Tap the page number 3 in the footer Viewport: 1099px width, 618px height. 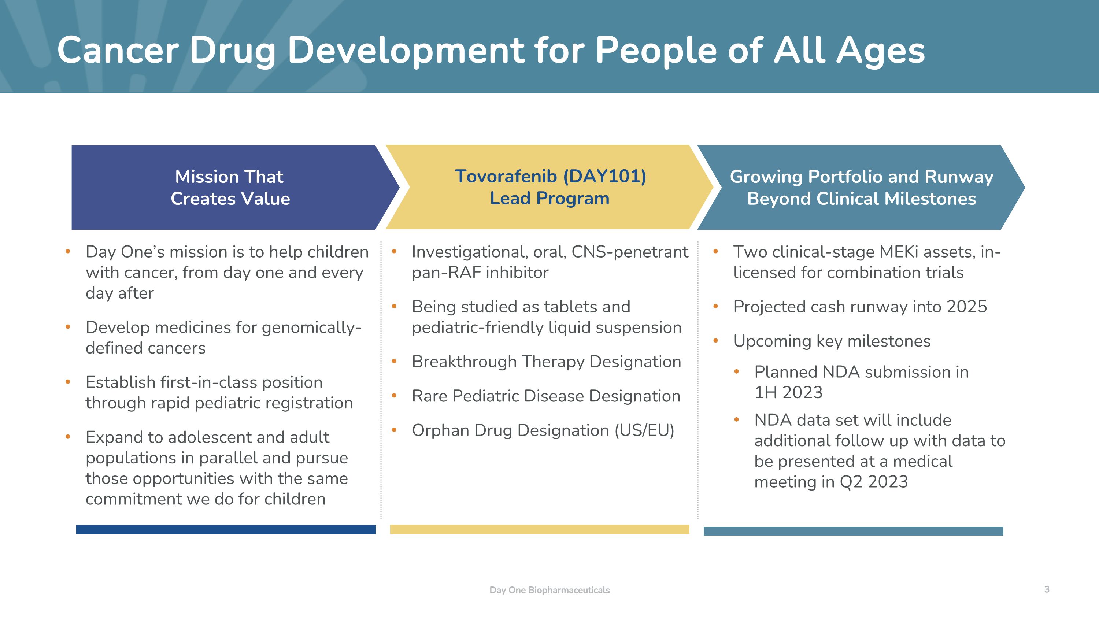[x=1047, y=589]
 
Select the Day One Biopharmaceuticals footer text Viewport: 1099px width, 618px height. [x=549, y=590]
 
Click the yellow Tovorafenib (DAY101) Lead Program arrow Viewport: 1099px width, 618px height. [x=549, y=187]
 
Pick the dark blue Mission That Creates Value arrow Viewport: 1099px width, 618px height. [x=230, y=188]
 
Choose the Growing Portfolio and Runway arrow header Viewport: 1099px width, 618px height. [x=861, y=188]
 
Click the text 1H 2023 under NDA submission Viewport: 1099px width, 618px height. [x=788, y=392]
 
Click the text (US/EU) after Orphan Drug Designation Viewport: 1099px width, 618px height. [x=644, y=430]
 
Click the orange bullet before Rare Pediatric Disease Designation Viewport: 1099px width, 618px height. [x=394, y=396]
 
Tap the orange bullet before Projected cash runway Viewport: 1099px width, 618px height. [x=716, y=306]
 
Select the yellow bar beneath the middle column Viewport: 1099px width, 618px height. [x=539, y=529]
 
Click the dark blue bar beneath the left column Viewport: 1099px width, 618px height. [x=226, y=529]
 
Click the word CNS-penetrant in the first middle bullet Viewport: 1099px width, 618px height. [x=630, y=252]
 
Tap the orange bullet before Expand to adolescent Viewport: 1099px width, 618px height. [x=68, y=437]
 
